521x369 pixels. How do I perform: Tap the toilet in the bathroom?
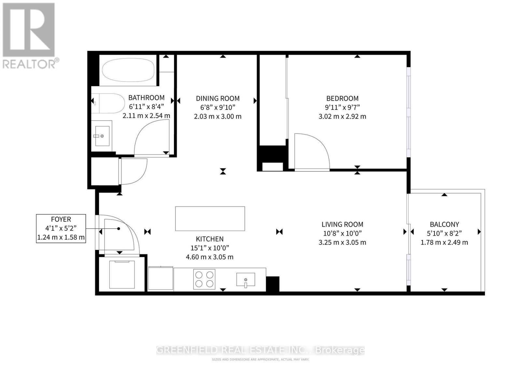point(107,103)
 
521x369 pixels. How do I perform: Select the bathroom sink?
point(102,135)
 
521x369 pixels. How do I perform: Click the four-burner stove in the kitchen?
point(204,279)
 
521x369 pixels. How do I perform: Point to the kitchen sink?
point(246,280)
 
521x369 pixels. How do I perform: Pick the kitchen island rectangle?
point(210,218)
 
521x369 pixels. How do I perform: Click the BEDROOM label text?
point(342,98)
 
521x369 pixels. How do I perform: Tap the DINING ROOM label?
point(218,98)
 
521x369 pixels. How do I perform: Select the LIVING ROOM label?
point(342,224)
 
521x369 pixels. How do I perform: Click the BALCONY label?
point(444,224)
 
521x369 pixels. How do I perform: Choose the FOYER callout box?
point(61,228)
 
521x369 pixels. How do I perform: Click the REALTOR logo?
point(29,36)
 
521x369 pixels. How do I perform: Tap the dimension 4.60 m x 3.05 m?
point(209,257)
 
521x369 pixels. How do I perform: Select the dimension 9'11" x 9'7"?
point(342,107)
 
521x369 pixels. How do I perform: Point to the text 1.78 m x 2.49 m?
point(444,242)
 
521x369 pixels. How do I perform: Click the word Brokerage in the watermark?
point(340,350)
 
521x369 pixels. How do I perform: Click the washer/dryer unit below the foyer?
point(122,274)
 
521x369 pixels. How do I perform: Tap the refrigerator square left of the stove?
point(161,278)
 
